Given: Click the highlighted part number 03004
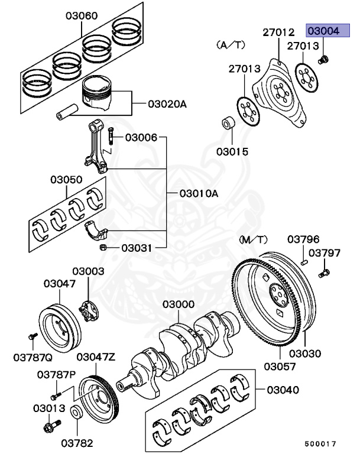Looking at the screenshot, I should pyautogui.click(x=322, y=31).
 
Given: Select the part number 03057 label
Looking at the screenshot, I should pyautogui.click(x=280, y=367).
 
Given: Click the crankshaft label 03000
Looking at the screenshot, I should pyautogui.click(x=179, y=304).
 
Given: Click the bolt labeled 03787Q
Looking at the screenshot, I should pyautogui.click(x=30, y=337).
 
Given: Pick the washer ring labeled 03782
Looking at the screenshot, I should pyautogui.click(x=77, y=413).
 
